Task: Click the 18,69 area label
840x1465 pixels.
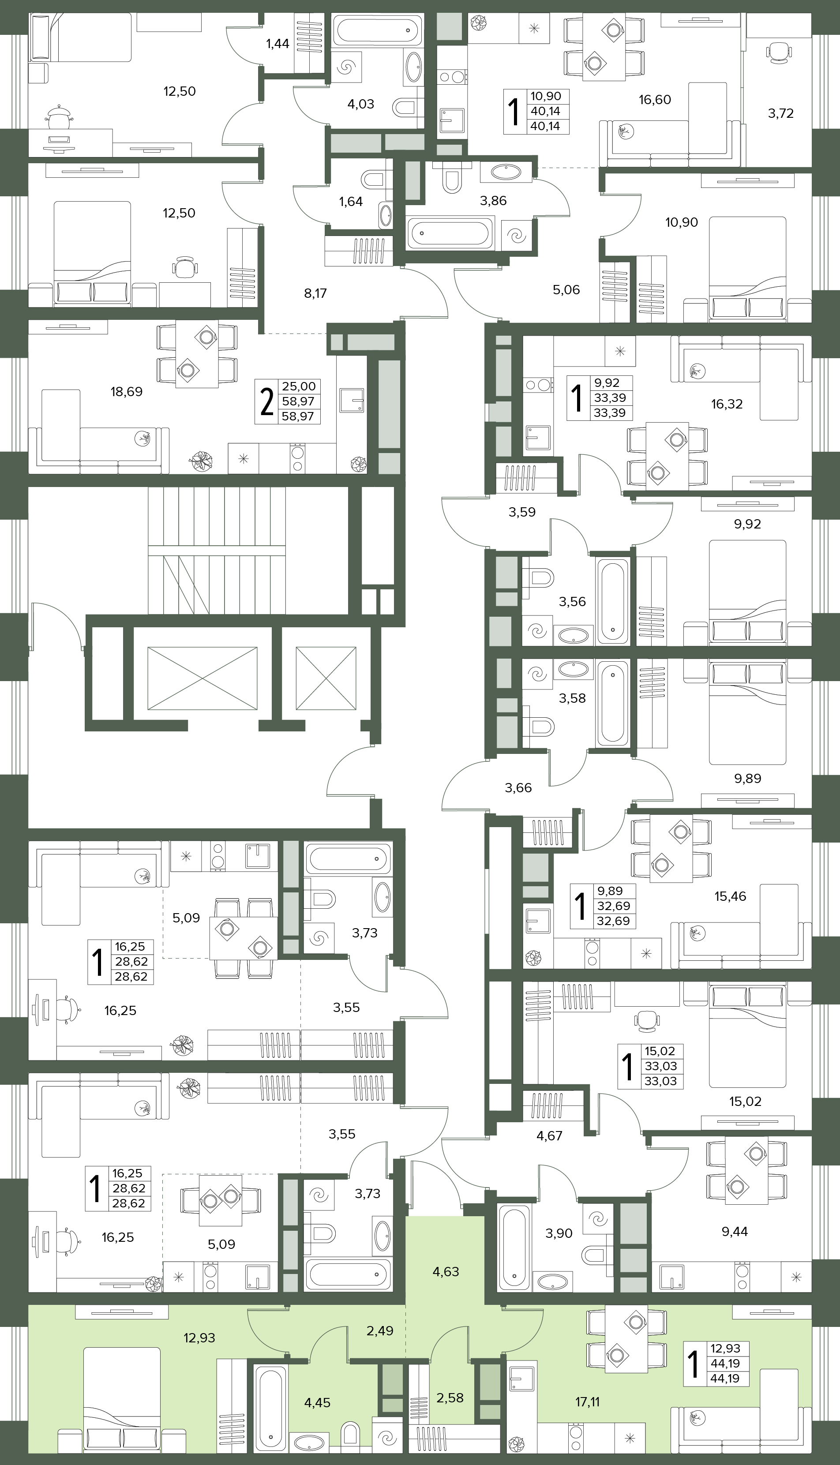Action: [x=126, y=392]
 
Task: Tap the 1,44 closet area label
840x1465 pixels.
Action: [x=277, y=43]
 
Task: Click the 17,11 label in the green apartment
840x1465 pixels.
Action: [x=587, y=1402]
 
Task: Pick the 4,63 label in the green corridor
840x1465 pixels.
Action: [x=446, y=1272]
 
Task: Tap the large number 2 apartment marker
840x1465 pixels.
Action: [x=266, y=401]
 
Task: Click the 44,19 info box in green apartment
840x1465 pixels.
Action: [x=716, y=1363]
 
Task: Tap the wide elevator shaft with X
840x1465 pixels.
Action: [x=202, y=678]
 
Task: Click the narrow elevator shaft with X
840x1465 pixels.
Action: [x=326, y=678]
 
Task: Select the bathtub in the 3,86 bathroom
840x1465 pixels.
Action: [x=450, y=233]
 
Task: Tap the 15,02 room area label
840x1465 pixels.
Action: [x=746, y=1102]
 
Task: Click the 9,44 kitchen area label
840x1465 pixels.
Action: [x=735, y=1232]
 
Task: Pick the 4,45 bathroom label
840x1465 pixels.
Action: [x=317, y=1403]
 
